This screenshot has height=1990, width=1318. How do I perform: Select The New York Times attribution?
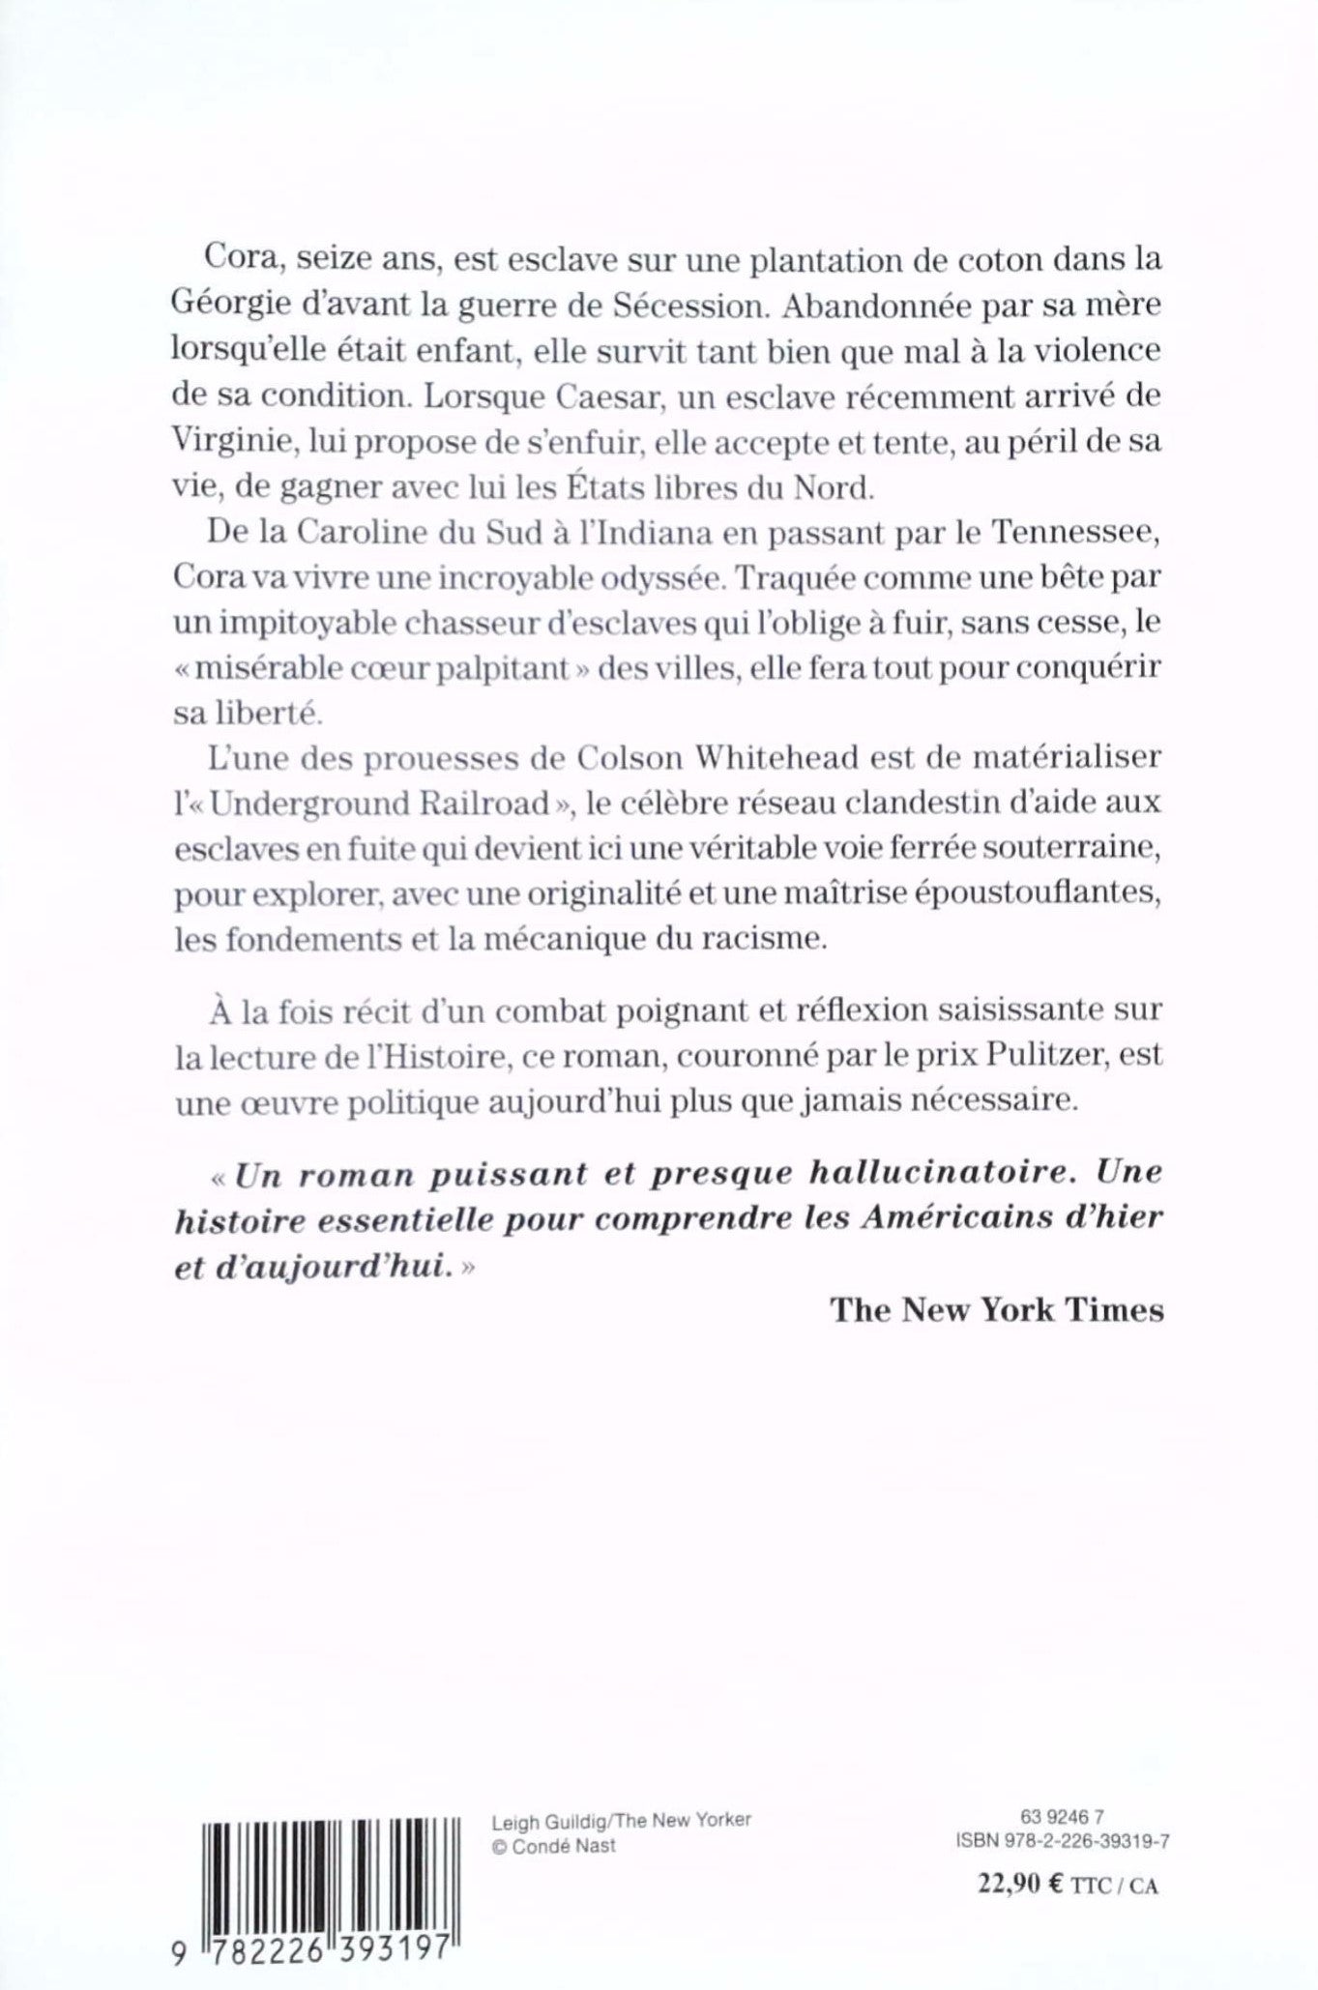[x=997, y=1310]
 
